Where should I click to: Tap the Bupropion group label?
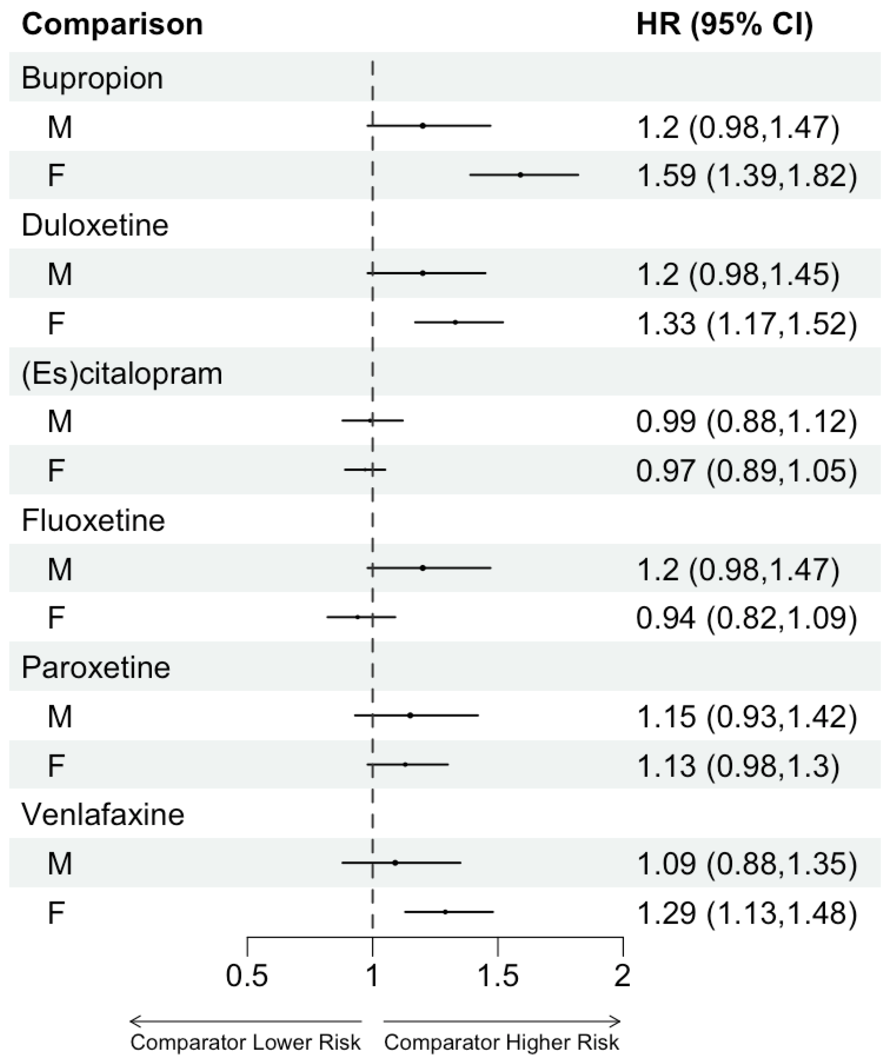click(92, 79)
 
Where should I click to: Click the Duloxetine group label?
click(95, 225)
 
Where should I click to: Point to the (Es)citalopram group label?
click(122, 374)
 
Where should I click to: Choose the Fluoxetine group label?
click(93, 521)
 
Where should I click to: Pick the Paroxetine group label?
click(96, 668)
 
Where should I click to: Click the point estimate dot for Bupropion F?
click(520, 175)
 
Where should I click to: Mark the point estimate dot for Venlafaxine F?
click(445, 912)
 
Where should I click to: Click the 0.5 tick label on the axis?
click(247, 976)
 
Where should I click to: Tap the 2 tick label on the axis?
click(622, 976)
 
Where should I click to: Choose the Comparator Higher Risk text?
click(502, 1042)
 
